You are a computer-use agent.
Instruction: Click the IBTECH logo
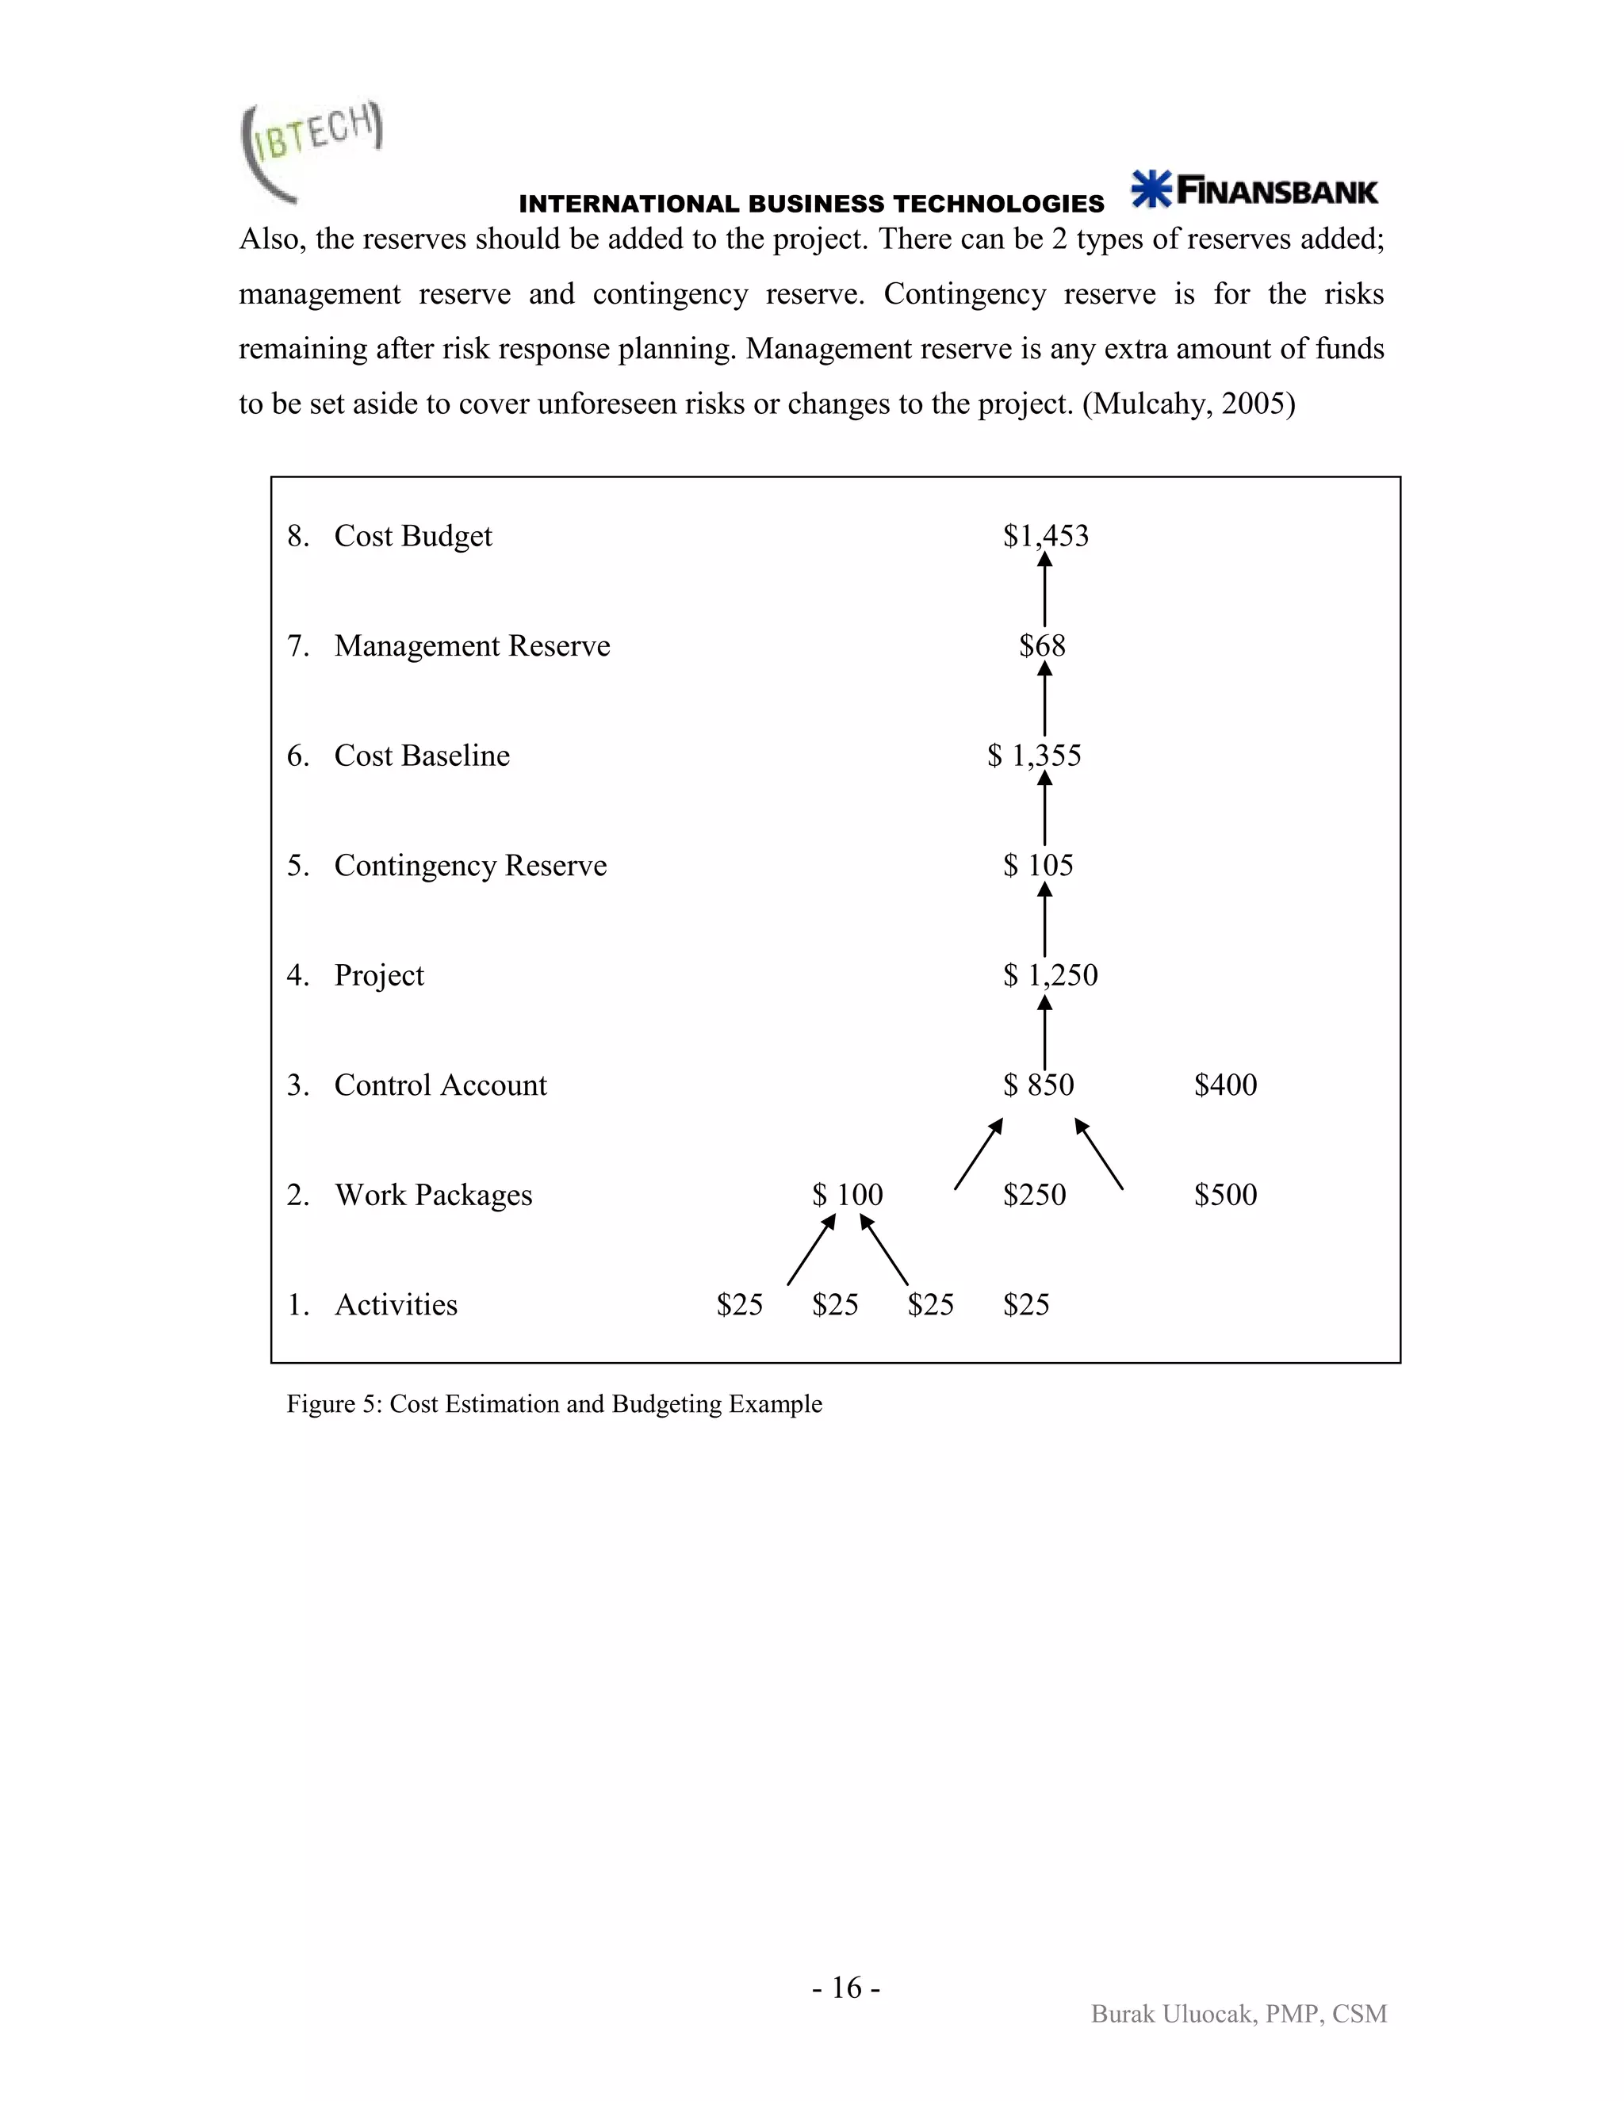pyautogui.click(x=311, y=150)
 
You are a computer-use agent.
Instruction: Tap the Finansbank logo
pyautogui.click(x=1254, y=189)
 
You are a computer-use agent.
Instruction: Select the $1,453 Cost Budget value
pyautogui.click(x=1046, y=536)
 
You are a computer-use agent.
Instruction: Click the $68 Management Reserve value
pyautogui.click(x=1042, y=645)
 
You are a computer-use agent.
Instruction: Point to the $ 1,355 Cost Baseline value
pyautogui.click(x=1034, y=755)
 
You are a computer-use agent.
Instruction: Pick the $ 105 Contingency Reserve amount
pyautogui.click(x=1038, y=865)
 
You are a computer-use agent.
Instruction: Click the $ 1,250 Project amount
pyautogui.click(x=1050, y=974)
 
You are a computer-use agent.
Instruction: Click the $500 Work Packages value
pyautogui.click(x=1224, y=1194)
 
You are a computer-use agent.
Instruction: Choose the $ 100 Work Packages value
pyautogui.click(x=847, y=1194)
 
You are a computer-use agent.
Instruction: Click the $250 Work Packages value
pyautogui.click(x=1034, y=1194)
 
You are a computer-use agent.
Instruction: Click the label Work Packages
pyautogui.click(x=433, y=1194)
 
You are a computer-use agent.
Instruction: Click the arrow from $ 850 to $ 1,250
pyautogui.click(x=1045, y=1032)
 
